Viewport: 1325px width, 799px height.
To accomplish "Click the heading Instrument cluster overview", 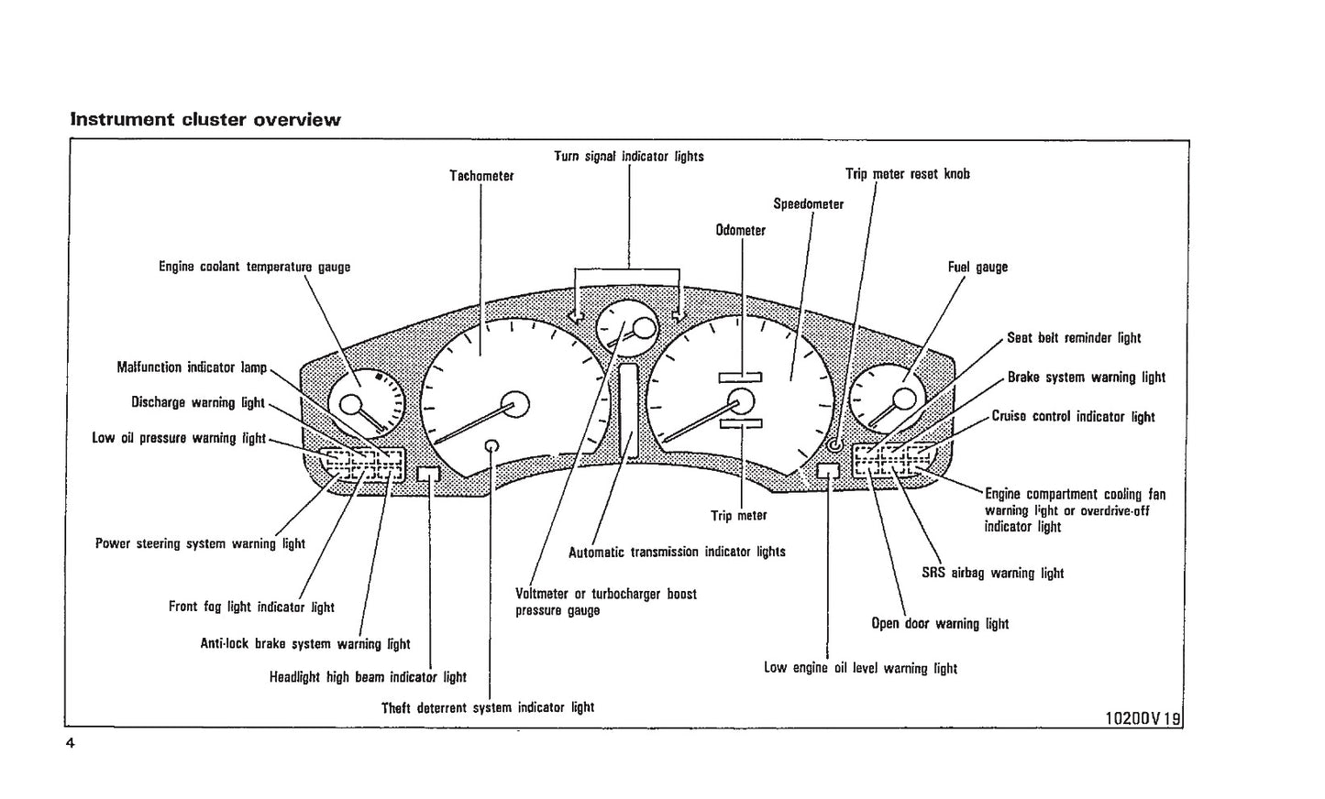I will [205, 120].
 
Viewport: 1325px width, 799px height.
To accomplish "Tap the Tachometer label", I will [481, 176].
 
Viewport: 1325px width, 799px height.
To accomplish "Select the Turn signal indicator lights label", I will [629, 157].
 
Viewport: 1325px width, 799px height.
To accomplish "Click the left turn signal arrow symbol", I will [576, 316].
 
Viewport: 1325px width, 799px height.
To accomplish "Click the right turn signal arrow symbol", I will [679, 315].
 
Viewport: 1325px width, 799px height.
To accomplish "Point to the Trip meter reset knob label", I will [907, 174].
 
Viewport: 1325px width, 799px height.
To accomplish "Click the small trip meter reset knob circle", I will [834, 445].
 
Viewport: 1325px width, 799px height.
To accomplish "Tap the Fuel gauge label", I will [977, 268].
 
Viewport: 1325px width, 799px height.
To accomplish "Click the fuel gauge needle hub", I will [904, 399].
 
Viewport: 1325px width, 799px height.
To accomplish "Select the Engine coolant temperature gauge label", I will [254, 268].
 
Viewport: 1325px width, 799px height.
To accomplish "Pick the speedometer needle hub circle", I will [740, 401].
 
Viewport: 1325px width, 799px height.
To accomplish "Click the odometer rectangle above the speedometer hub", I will [740, 377].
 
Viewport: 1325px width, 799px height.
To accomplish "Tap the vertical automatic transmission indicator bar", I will [628, 410].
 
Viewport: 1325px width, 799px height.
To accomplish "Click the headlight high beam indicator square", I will [428, 474].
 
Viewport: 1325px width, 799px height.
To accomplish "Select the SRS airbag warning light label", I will [992, 574].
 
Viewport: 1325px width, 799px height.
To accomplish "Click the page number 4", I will [70, 743].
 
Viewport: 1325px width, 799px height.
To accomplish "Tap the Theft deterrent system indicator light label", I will [488, 707].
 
